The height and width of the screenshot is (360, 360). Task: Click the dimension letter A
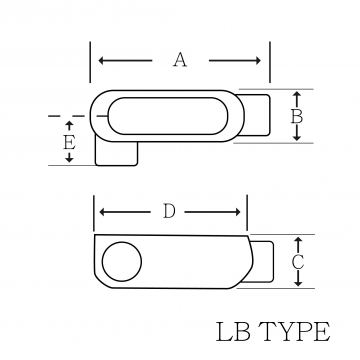[x=180, y=60]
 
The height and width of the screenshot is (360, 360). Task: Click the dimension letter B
[x=297, y=117]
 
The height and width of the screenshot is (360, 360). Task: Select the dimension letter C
[x=298, y=262]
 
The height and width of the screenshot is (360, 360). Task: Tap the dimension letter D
[x=169, y=211]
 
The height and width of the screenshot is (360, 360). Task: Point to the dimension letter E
[x=69, y=143]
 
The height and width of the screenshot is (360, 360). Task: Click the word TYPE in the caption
[x=294, y=332]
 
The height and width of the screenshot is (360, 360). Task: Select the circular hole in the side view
[x=122, y=262]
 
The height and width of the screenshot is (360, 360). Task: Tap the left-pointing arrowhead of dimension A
[x=102, y=61]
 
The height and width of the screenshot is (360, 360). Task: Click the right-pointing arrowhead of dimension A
[x=258, y=61]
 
